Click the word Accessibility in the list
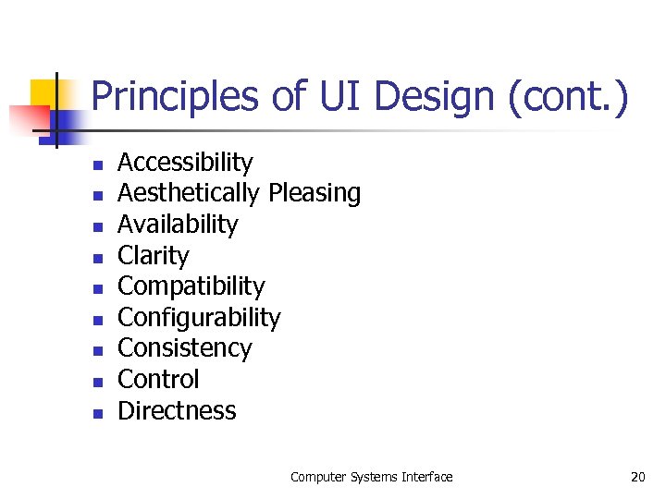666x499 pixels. [x=185, y=163]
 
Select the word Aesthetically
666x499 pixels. [x=189, y=193]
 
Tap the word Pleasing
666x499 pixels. [x=314, y=193]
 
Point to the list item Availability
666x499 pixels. [x=178, y=225]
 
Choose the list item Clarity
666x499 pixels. [x=153, y=256]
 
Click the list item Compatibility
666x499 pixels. [x=191, y=286]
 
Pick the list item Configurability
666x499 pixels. [x=199, y=318]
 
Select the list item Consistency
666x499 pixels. [x=184, y=348]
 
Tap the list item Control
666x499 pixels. [x=158, y=380]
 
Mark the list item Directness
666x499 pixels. [x=177, y=411]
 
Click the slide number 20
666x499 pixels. [x=637, y=477]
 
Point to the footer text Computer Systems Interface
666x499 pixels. [x=371, y=477]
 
